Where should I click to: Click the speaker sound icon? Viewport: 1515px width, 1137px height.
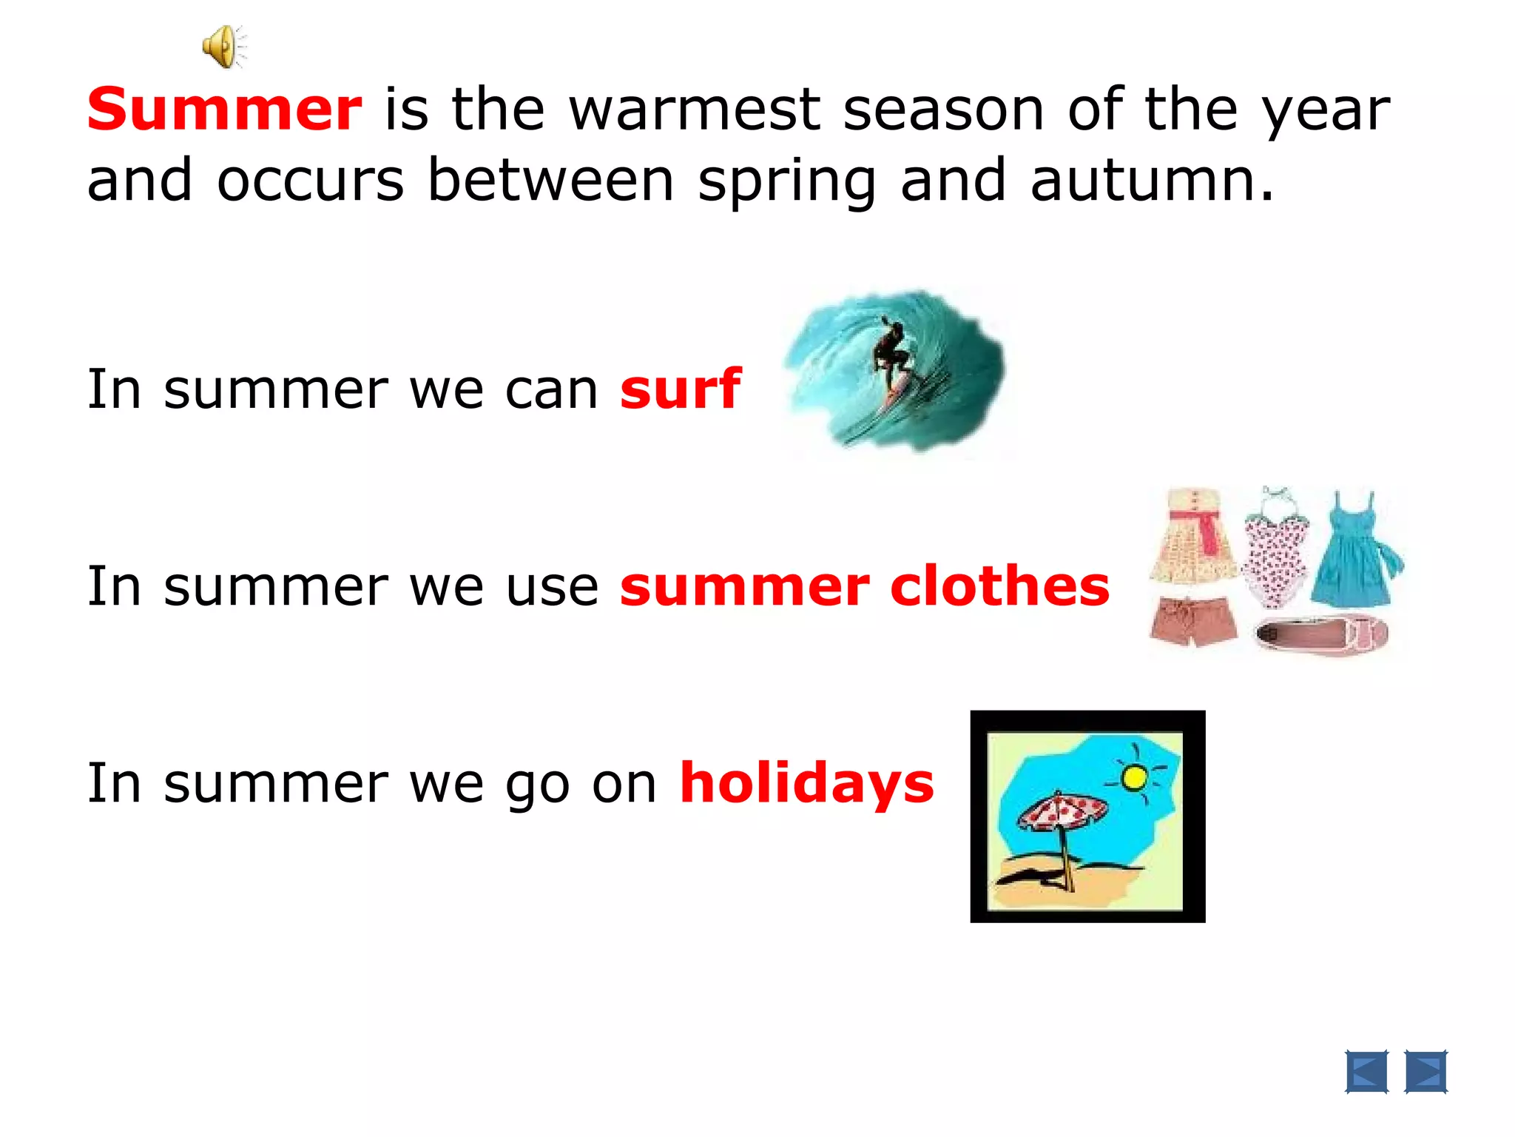223,47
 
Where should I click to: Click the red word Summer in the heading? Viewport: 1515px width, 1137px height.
224,110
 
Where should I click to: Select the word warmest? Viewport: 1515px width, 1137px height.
695,110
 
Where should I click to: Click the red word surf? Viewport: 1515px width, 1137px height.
680,389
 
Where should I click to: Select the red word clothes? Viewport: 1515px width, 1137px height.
999,586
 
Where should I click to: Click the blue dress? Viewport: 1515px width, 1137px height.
1353,551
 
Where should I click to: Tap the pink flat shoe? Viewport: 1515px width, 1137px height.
1322,634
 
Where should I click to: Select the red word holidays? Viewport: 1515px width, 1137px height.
806,782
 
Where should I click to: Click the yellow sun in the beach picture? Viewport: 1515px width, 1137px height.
1134,777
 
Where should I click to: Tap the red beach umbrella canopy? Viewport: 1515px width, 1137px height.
1062,810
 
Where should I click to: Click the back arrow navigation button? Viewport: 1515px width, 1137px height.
1366,1071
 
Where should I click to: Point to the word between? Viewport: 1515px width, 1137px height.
551,180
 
